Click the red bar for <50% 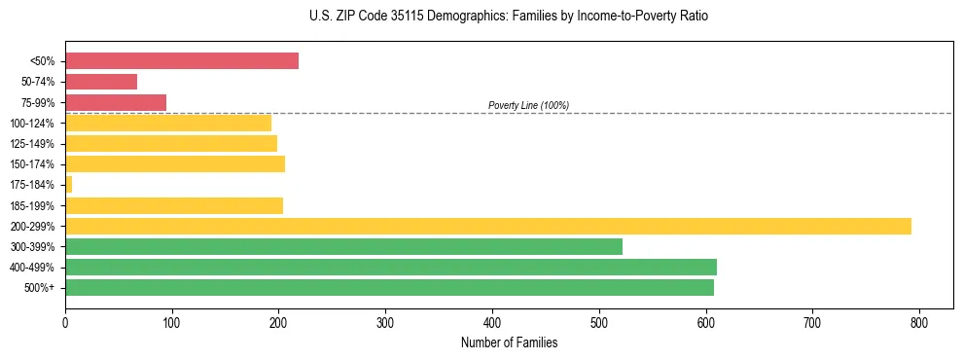182,61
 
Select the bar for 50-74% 101,82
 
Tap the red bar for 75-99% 116,102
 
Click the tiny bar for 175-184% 68,185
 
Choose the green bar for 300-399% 343,246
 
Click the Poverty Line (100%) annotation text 528,105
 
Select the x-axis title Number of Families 509,342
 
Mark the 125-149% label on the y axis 32,144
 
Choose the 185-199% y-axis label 32,206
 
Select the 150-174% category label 32,164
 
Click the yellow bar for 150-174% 175,163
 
